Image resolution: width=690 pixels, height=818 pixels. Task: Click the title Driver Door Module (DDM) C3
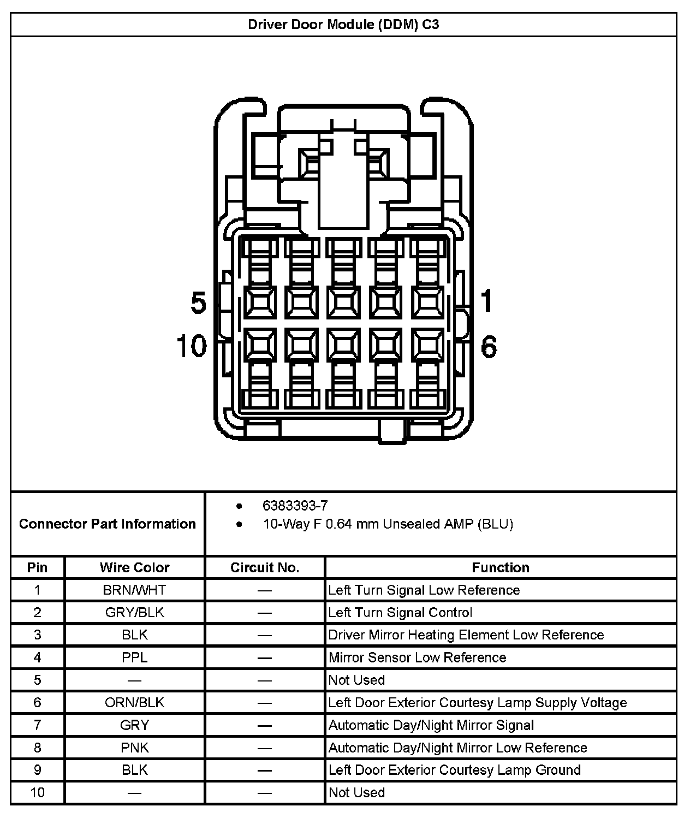(343, 25)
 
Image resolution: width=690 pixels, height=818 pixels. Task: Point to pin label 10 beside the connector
(192, 346)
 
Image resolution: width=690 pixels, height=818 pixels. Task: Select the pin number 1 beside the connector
(486, 301)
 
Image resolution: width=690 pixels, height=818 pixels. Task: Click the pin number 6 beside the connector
(489, 347)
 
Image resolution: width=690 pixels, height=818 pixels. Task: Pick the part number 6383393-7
(295, 506)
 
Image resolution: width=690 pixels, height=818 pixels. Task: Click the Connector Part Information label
(108, 524)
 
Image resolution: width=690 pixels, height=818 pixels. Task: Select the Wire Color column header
(134, 567)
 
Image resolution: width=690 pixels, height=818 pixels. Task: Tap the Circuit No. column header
(265, 567)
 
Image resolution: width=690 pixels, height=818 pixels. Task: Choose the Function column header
(500, 567)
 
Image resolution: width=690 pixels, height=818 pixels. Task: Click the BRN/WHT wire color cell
(134, 590)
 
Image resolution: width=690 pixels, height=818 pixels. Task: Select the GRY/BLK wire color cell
(134, 612)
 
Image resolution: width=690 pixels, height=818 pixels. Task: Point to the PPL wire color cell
(134, 657)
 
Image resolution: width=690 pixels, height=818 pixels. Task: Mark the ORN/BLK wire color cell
(134, 702)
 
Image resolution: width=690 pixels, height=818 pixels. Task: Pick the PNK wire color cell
(134, 747)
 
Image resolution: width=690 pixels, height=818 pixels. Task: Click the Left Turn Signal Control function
(400, 612)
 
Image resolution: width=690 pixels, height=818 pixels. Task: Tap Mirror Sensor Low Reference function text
(417, 657)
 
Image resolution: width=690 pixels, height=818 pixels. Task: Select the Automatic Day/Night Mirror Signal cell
(431, 725)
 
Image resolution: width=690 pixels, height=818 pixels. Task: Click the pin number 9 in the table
(37, 769)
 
